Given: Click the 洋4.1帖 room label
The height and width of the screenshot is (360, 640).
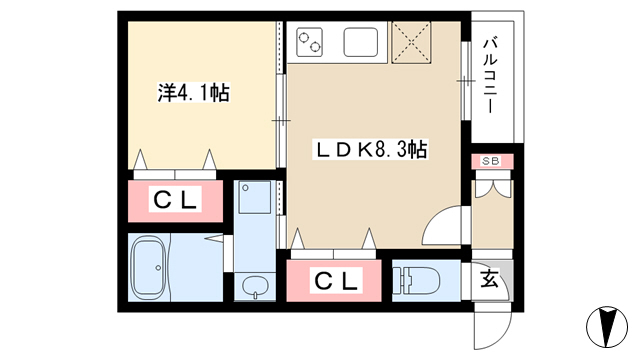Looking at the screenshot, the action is pyautogui.click(x=193, y=93).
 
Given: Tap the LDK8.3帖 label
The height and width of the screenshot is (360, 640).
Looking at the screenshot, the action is pyautogui.click(x=370, y=149).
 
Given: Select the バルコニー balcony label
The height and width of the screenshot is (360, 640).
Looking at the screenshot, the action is pyautogui.click(x=491, y=76).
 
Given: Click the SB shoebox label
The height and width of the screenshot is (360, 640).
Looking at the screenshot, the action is pyautogui.click(x=491, y=161).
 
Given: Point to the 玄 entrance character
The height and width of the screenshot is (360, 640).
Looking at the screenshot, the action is pyautogui.click(x=490, y=279).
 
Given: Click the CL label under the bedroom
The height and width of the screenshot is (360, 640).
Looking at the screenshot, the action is pyautogui.click(x=176, y=200).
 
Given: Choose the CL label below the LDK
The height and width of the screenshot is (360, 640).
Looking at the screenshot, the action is pyautogui.click(x=336, y=281).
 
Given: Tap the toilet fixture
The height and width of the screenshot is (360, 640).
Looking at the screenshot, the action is pyautogui.click(x=416, y=280).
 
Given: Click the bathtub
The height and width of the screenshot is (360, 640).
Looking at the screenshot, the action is pyautogui.click(x=150, y=267).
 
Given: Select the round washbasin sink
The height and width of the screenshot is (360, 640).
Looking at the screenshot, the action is pyautogui.click(x=255, y=286).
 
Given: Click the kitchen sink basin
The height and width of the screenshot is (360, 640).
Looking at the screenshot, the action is pyautogui.click(x=361, y=42).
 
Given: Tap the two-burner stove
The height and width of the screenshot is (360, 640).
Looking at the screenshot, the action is pyautogui.click(x=309, y=42).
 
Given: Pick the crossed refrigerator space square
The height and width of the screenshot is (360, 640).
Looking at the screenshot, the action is pyautogui.click(x=411, y=42).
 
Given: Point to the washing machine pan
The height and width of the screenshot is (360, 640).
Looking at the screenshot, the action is pyautogui.click(x=255, y=198).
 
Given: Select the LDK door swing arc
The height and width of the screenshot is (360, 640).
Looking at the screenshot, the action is pyautogui.click(x=437, y=220).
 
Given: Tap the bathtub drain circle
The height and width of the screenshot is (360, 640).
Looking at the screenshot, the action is pyautogui.click(x=158, y=268).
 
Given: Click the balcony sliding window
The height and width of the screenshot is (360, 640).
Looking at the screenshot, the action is pyautogui.click(x=466, y=80).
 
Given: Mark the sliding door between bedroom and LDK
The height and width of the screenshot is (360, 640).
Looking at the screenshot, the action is pyautogui.click(x=281, y=120).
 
